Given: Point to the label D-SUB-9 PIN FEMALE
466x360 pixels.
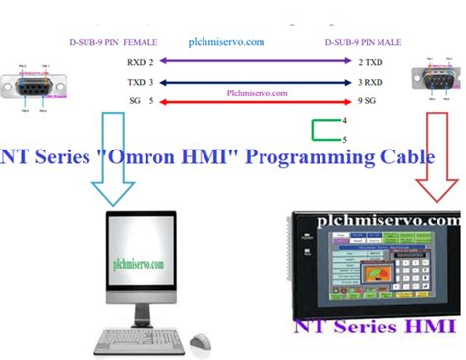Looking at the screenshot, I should tap(110, 42).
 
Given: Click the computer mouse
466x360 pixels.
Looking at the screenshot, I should tap(201, 341).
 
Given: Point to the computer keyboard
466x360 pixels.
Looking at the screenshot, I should tap(138, 341).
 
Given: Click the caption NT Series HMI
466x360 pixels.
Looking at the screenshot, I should tap(378, 328).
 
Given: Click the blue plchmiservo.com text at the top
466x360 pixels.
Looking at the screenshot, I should tap(227, 42).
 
